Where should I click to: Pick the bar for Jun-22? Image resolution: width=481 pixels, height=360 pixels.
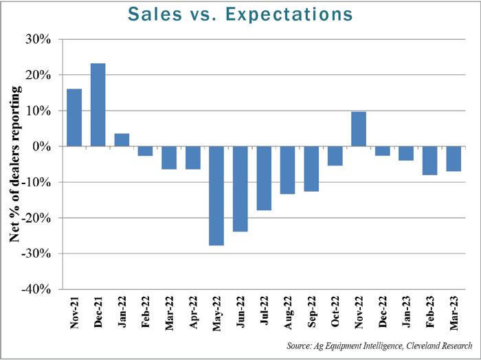[x=240, y=189]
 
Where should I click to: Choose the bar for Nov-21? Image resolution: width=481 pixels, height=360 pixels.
[x=74, y=117]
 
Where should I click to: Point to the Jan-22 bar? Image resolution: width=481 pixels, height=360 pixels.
[x=122, y=139]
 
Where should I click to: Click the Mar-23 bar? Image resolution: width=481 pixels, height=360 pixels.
[x=453, y=159]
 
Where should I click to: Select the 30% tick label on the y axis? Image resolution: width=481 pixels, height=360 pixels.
[x=39, y=39]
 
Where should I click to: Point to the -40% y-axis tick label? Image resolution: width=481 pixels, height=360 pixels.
[x=36, y=289]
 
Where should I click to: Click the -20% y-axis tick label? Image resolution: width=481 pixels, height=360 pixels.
[x=36, y=218]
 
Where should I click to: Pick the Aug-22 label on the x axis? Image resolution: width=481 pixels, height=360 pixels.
[x=287, y=315]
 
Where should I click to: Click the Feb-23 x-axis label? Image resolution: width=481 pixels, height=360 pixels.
[x=429, y=315]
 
